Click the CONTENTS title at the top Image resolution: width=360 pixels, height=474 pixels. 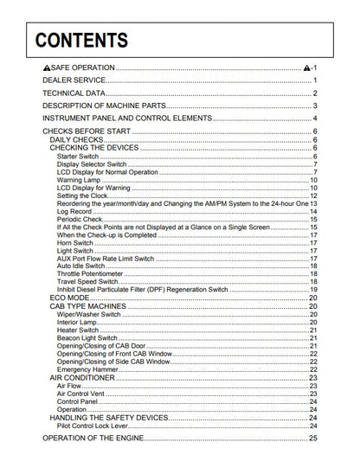click(76, 40)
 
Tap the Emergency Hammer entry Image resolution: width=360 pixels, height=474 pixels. click(87, 369)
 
